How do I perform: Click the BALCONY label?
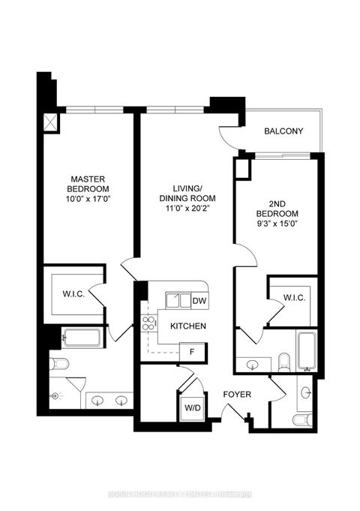click(283, 131)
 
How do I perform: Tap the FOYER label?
click(235, 395)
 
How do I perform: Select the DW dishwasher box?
click(199, 302)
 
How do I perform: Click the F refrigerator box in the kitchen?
click(192, 351)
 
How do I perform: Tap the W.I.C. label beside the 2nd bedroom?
click(293, 299)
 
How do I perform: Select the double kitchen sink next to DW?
click(177, 301)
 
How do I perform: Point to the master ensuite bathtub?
click(80, 338)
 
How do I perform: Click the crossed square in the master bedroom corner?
click(51, 122)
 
